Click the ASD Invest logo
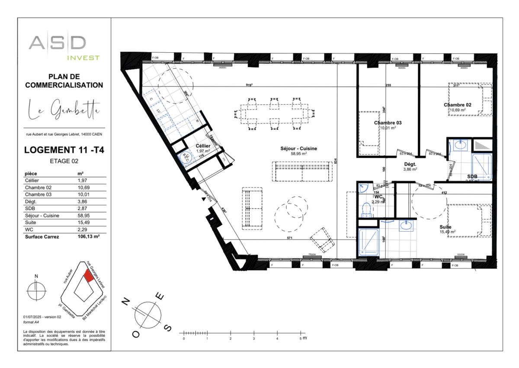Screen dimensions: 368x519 point(64,47)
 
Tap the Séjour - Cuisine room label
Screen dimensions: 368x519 point(298,148)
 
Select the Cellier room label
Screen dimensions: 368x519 point(203,146)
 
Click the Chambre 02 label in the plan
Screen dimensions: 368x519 point(457,105)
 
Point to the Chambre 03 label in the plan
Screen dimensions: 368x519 point(388,123)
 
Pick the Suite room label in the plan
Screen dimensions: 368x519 point(445,227)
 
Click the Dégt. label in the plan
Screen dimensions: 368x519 point(410,164)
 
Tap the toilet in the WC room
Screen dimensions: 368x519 point(366,210)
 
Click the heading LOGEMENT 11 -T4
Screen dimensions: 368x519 point(64,150)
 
